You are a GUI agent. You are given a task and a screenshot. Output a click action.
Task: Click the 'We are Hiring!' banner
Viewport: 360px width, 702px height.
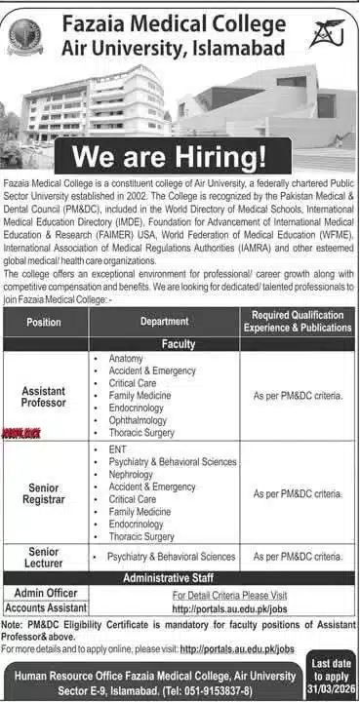(x=172, y=155)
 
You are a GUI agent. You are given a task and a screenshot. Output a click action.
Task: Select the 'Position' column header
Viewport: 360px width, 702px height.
(x=44, y=321)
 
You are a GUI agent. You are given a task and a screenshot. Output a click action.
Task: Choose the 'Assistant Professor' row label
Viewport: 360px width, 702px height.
(x=44, y=396)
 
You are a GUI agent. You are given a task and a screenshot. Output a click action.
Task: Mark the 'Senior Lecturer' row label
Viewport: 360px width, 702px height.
(x=44, y=558)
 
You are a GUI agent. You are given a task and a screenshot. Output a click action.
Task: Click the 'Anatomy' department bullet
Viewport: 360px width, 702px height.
(x=127, y=359)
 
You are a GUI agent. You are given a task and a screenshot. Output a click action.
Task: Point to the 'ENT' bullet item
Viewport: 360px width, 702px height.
(x=118, y=448)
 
